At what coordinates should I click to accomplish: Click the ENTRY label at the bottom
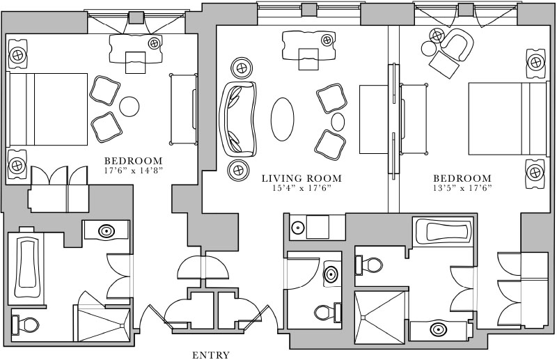[210, 355]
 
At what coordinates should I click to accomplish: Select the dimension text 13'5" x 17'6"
[462, 188]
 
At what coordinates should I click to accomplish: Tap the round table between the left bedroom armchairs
[130, 107]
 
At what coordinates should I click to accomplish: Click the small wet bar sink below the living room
[298, 228]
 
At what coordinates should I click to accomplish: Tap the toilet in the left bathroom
[26, 325]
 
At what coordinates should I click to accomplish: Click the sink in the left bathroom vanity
[107, 230]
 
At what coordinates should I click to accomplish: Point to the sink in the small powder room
[332, 274]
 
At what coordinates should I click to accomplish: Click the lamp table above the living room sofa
[241, 68]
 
